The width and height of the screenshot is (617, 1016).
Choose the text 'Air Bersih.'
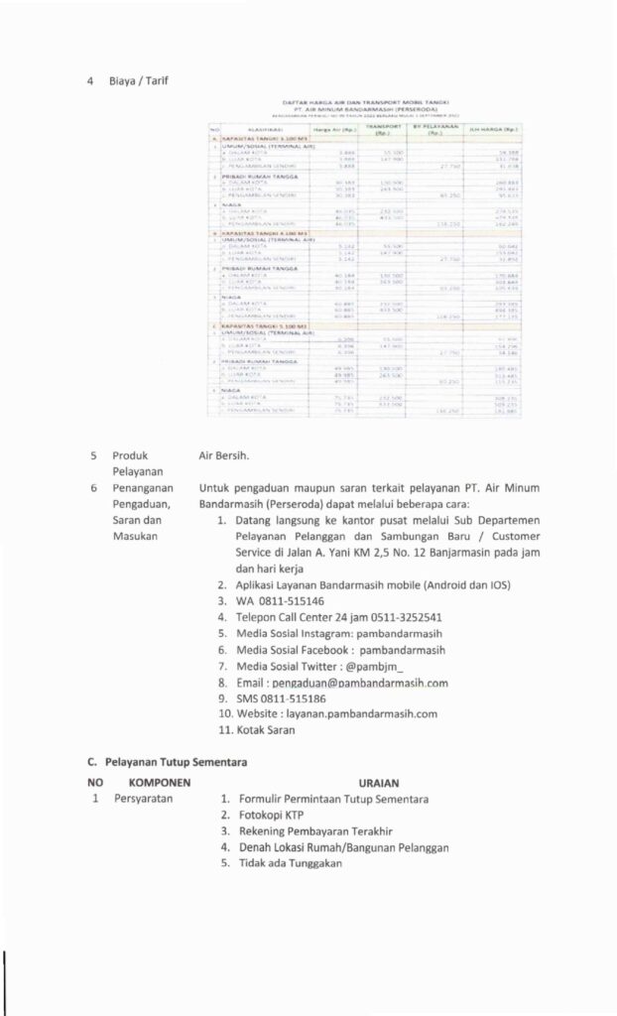pyautogui.click(x=224, y=456)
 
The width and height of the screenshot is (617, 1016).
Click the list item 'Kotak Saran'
pyautogui.click(x=267, y=729)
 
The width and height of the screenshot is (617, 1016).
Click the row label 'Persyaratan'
pyautogui.click(x=145, y=799)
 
